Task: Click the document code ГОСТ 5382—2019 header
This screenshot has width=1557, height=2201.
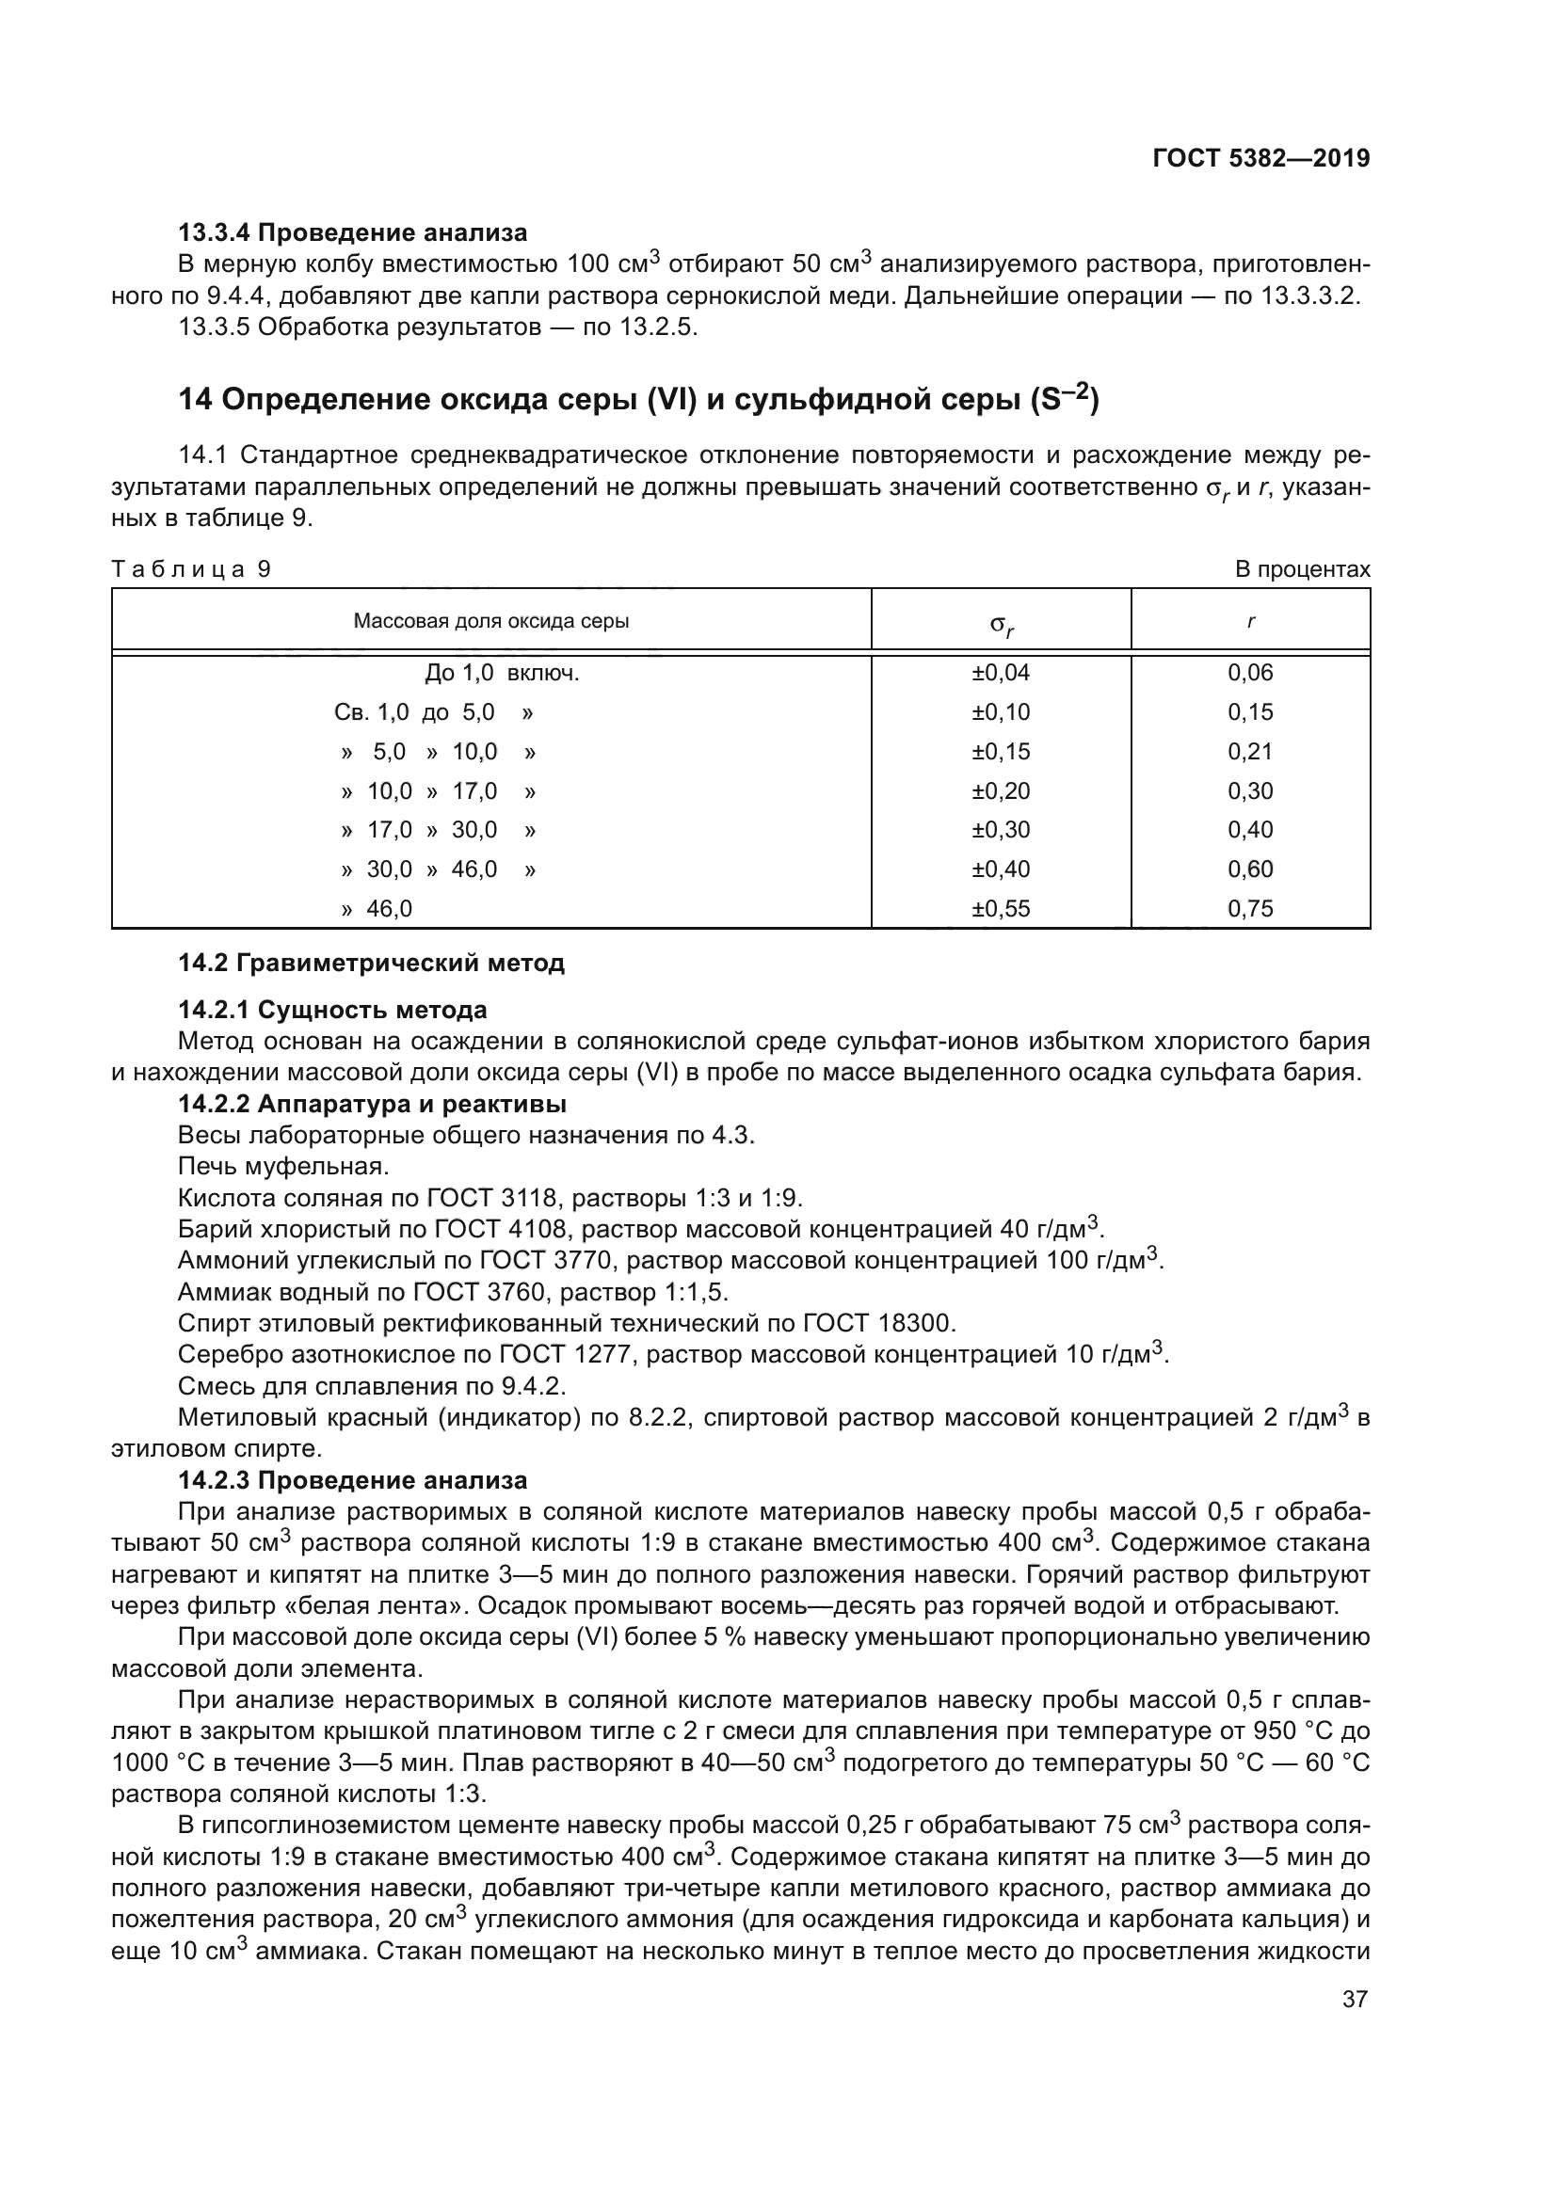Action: pyautogui.click(x=1260, y=158)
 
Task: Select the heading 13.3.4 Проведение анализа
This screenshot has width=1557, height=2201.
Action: pyautogui.click(x=352, y=232)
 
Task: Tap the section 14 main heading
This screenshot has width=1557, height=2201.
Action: pyautogui.click(x=638, y=399)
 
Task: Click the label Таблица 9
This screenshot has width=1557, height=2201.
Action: pyautogui.click(x=191, y=569)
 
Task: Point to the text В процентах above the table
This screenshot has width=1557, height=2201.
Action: pyautogui.click(x=1302, y=569)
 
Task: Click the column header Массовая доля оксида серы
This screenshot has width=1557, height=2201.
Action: pyautogui.click(x=490, y=621)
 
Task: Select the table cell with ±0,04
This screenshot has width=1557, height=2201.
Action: pyautogui.click(x=1000, y=673)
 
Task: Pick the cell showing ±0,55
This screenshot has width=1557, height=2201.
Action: pyautogui.click(x=1000, y=909)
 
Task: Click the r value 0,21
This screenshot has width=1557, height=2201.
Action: pyautogui.click(x=1250, y=752)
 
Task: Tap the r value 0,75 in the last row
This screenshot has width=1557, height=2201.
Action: pyautogui.click(x=1250, y=909)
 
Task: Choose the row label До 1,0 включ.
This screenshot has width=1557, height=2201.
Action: pyautogui.click(x=502, y=673)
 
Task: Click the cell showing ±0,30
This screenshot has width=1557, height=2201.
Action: pyautogui.click(x=1000, y=830)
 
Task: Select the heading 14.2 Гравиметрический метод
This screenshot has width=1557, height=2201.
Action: pyautogui.click(x=371, y=963)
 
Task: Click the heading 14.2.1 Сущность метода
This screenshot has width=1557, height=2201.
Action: pyautogui.click(x=331, y=1010)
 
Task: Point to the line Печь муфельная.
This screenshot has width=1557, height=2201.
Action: pyautogui.click(x=282, y=1167)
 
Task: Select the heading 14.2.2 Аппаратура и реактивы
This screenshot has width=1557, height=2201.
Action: pyautogui.click(x=372, y=1105)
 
